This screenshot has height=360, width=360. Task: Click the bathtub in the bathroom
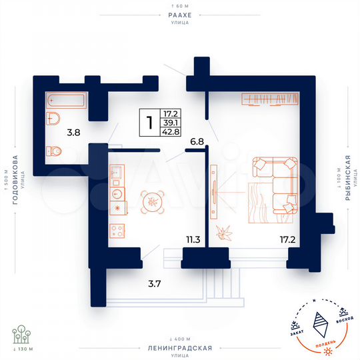(x=66, y=101)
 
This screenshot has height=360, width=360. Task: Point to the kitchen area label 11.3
(x=193, y=238)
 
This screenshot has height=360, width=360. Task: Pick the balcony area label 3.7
(x=154, y=284)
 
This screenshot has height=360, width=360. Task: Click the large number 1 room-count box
(x=150, y=122)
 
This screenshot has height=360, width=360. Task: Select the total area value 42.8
(x=171, y=132)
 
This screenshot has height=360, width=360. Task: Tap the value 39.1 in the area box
(x=171, y=123)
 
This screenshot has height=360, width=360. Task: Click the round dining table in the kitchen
(x=153, y=201)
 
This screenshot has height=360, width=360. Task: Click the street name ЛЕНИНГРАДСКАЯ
(x=180, y=348)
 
